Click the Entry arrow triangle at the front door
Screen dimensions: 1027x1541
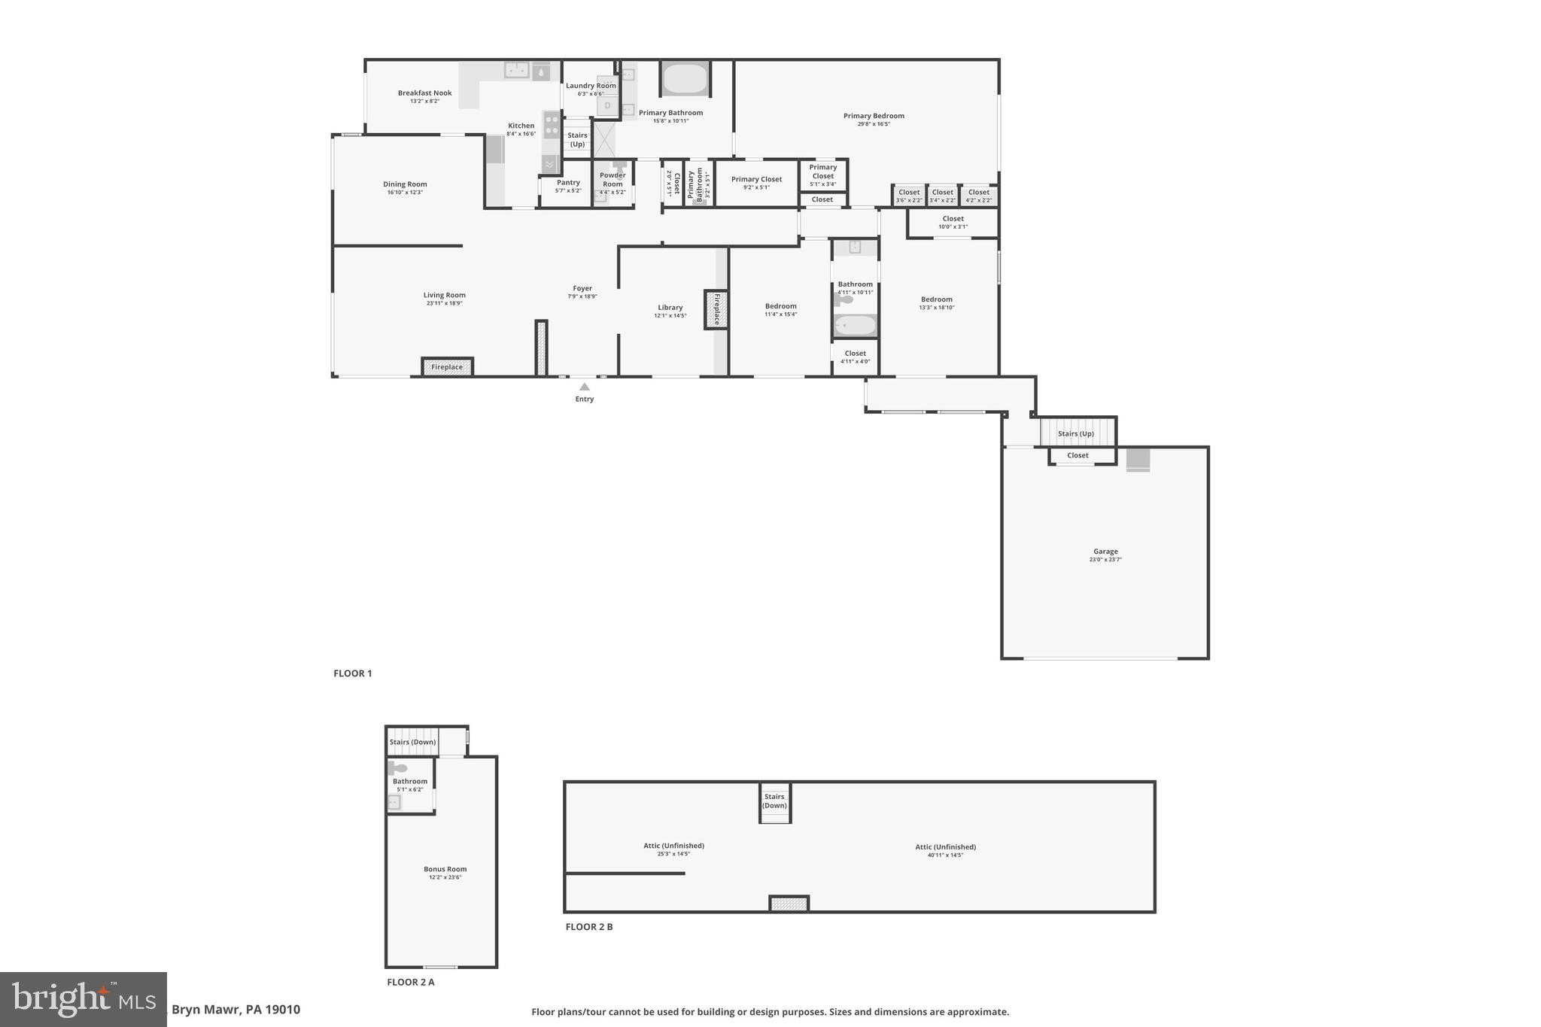click(x=584, y=387)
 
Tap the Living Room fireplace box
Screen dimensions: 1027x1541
click(x=447, y=367)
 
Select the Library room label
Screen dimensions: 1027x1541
click(x=670, y=307)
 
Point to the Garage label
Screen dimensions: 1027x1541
click(x=1105, y=551)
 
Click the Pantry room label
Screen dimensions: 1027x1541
click(x=568, y=182)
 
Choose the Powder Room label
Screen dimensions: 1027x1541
click(x=612, y=180)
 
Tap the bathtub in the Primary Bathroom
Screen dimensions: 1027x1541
click(x=685, y=79)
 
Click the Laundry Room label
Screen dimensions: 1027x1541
click(x=591, y=86)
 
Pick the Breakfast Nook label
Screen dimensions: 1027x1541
click(x=424, y=93)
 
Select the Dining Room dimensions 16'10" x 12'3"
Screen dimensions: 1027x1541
click(x=405, y=193)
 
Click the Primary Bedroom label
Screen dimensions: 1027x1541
click(x=874, y=116)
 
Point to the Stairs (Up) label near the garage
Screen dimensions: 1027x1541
click(x=1076, y=433)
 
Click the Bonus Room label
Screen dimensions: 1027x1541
click(x=445, y=869)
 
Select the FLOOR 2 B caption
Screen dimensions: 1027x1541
click(x=589, y=927)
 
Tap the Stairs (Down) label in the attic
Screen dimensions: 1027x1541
click(x=774, y=801)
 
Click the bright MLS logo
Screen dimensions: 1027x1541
click(x=84, y=999)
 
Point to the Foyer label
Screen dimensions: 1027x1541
click(x=582, y=288)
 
